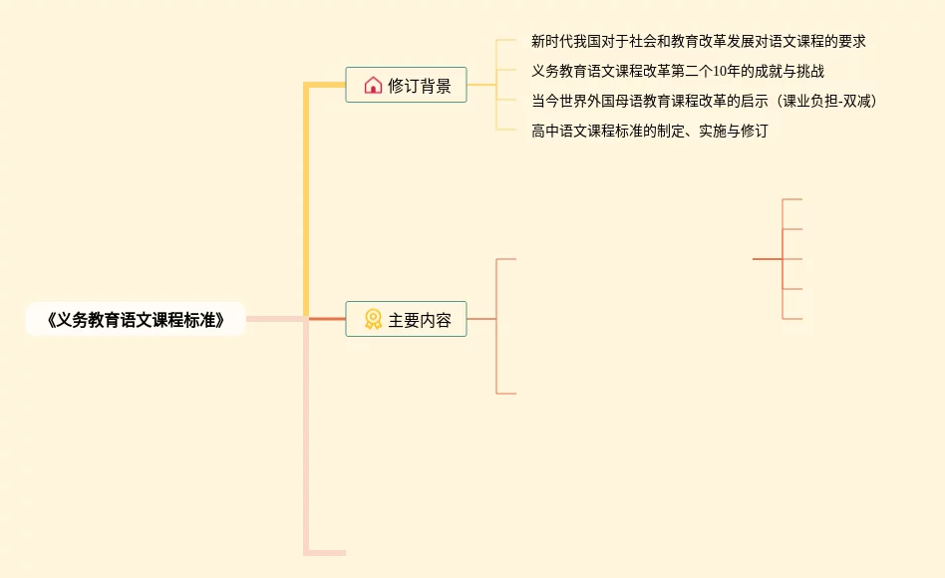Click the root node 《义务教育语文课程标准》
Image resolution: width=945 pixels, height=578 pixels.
(x=135, y=320)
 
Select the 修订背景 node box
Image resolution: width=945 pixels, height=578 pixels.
(x=406, y=86)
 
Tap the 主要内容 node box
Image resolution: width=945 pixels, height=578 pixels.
(x=406, y=320)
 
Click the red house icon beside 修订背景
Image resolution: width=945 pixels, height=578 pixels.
(x=373, y=86)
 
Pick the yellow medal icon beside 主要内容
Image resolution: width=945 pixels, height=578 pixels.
(x=373, y=320)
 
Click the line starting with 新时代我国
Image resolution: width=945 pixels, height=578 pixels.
(x=698, y=42)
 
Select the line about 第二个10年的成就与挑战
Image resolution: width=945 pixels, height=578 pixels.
(x=678, y=72)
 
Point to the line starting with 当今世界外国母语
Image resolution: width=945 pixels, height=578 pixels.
(x=704, y=101)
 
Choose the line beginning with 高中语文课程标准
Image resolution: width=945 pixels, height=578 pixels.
(x=649, y=131)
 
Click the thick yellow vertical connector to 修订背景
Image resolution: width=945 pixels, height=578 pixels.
(x=307, y=199)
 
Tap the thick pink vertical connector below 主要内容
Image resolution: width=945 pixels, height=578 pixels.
(x=307, y=438)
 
